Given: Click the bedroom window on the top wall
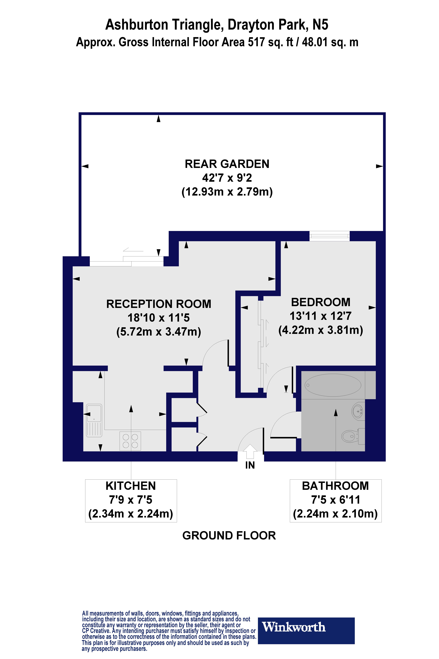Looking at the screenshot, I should click(330, 236).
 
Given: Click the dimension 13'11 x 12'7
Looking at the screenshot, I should click(321, 316).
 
